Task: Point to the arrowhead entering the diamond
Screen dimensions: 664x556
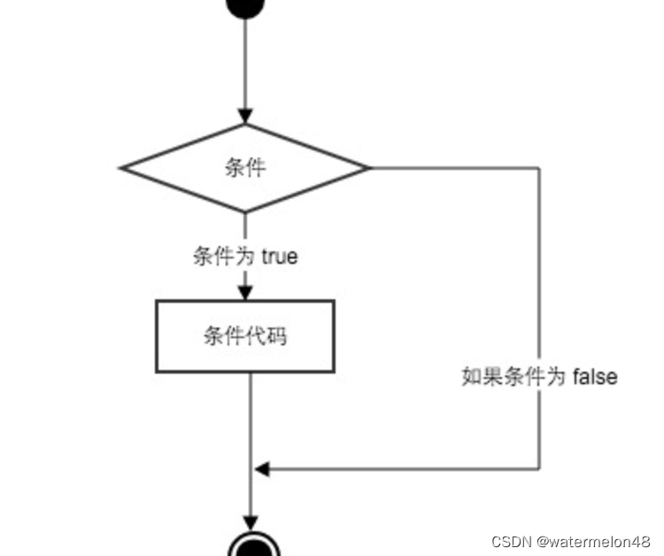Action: coord(246,116)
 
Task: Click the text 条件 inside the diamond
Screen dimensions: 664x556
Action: coord(245,168)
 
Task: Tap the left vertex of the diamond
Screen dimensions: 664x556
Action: coord(122,167)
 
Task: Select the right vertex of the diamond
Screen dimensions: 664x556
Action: coord(369,167)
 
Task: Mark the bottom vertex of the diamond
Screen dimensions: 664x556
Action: coord(246,212)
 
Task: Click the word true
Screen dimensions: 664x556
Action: coord(280,257)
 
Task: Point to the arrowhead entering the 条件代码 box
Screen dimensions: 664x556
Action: coord(246,293)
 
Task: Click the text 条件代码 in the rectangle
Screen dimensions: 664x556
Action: coord(245,336)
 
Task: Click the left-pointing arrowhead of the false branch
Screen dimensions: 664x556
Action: coord(261,468)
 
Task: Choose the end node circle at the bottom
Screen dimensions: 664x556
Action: coord(248,545)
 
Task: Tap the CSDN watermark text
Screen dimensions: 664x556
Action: coord(512,541)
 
